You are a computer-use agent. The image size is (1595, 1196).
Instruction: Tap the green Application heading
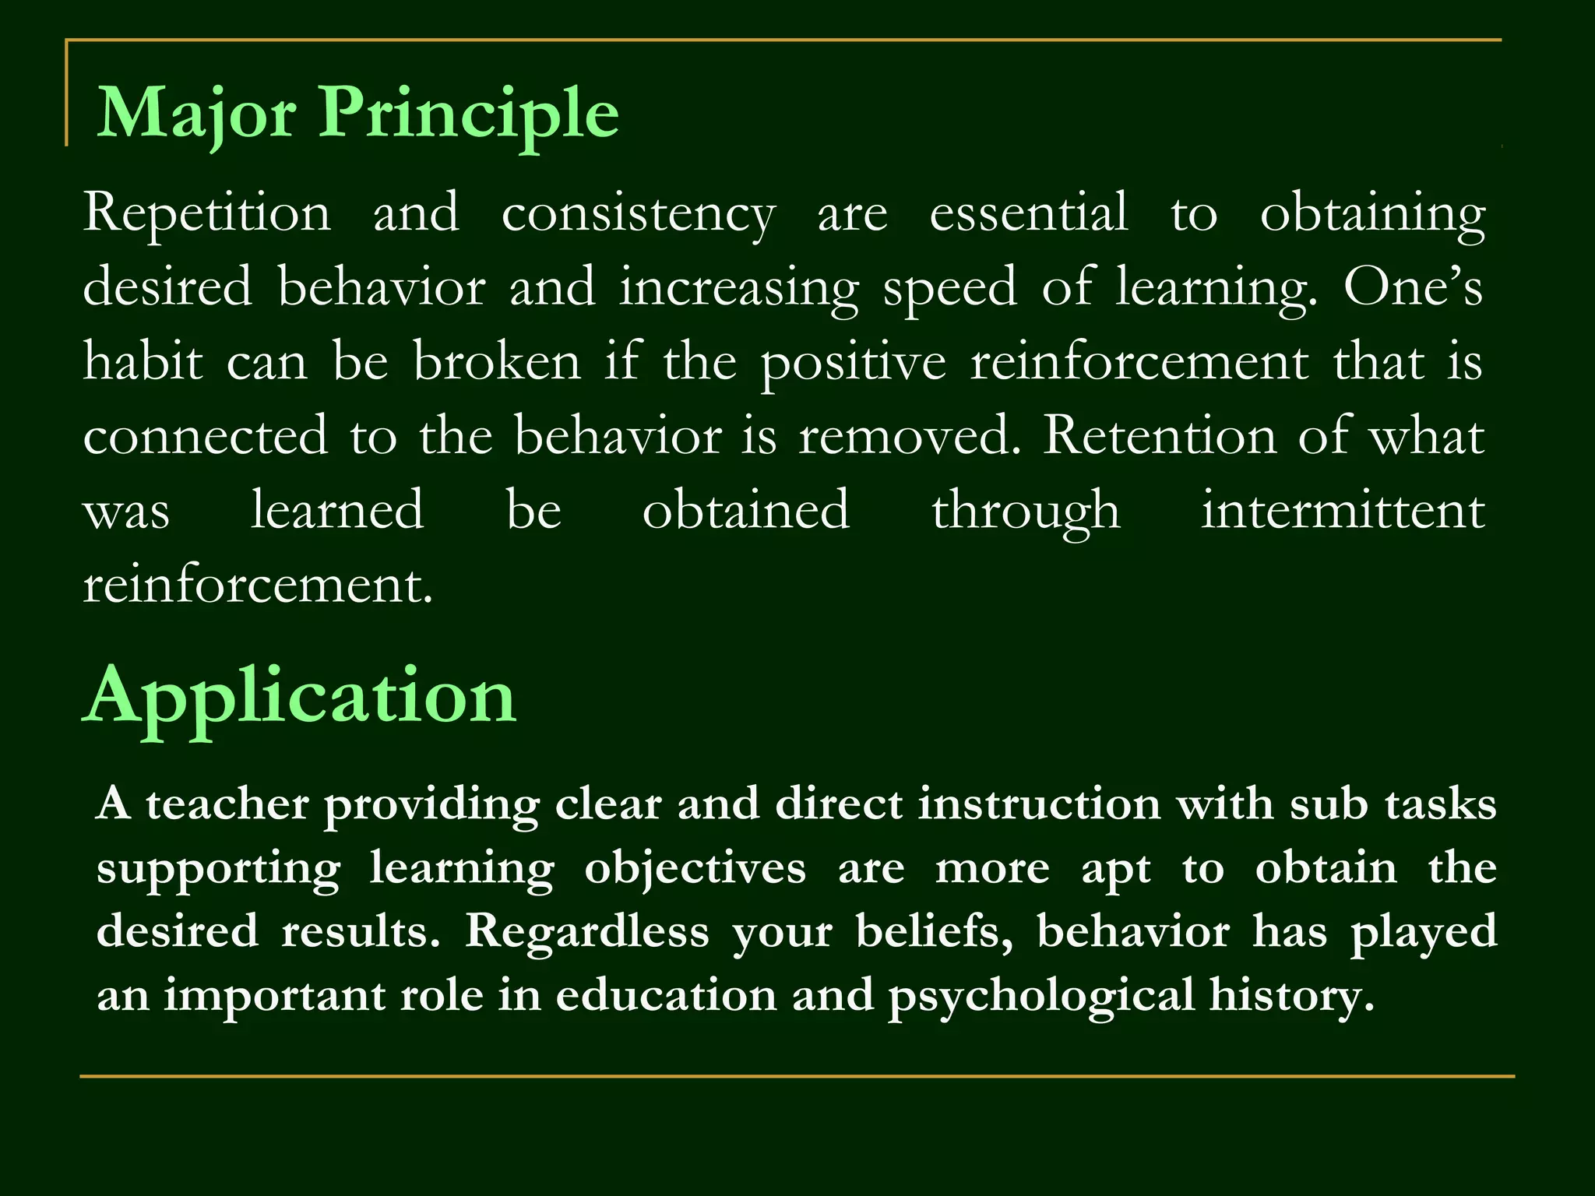pos(300,698)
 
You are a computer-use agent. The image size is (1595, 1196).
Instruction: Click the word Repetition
pos(207,213)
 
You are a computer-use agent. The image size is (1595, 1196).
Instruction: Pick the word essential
pos(1028,212)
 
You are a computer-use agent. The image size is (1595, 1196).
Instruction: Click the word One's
pos(1413,287)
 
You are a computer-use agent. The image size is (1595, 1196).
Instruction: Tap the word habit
pos(143,361)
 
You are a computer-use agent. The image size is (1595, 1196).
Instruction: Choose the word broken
pos(497,361)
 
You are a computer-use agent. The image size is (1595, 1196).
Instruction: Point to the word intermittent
pos(1343,510)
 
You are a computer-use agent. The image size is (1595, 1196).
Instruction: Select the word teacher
pos(227,804)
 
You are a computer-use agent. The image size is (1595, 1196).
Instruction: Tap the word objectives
pos(695,869)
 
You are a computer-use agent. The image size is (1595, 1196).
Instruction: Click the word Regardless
pos(587,931)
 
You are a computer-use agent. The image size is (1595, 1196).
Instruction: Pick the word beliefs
pos(935,931)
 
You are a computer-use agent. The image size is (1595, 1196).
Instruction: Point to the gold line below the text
pos(797,1076)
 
